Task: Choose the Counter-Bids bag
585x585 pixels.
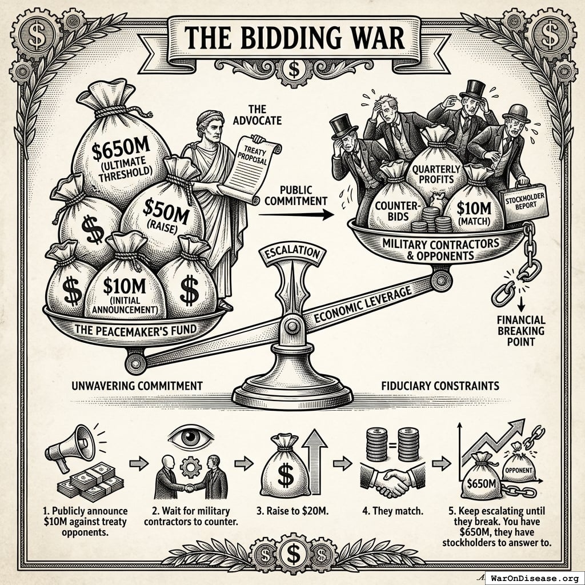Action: [x=392, y=206]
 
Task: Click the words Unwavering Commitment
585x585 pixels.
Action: [x=137, y=386]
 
